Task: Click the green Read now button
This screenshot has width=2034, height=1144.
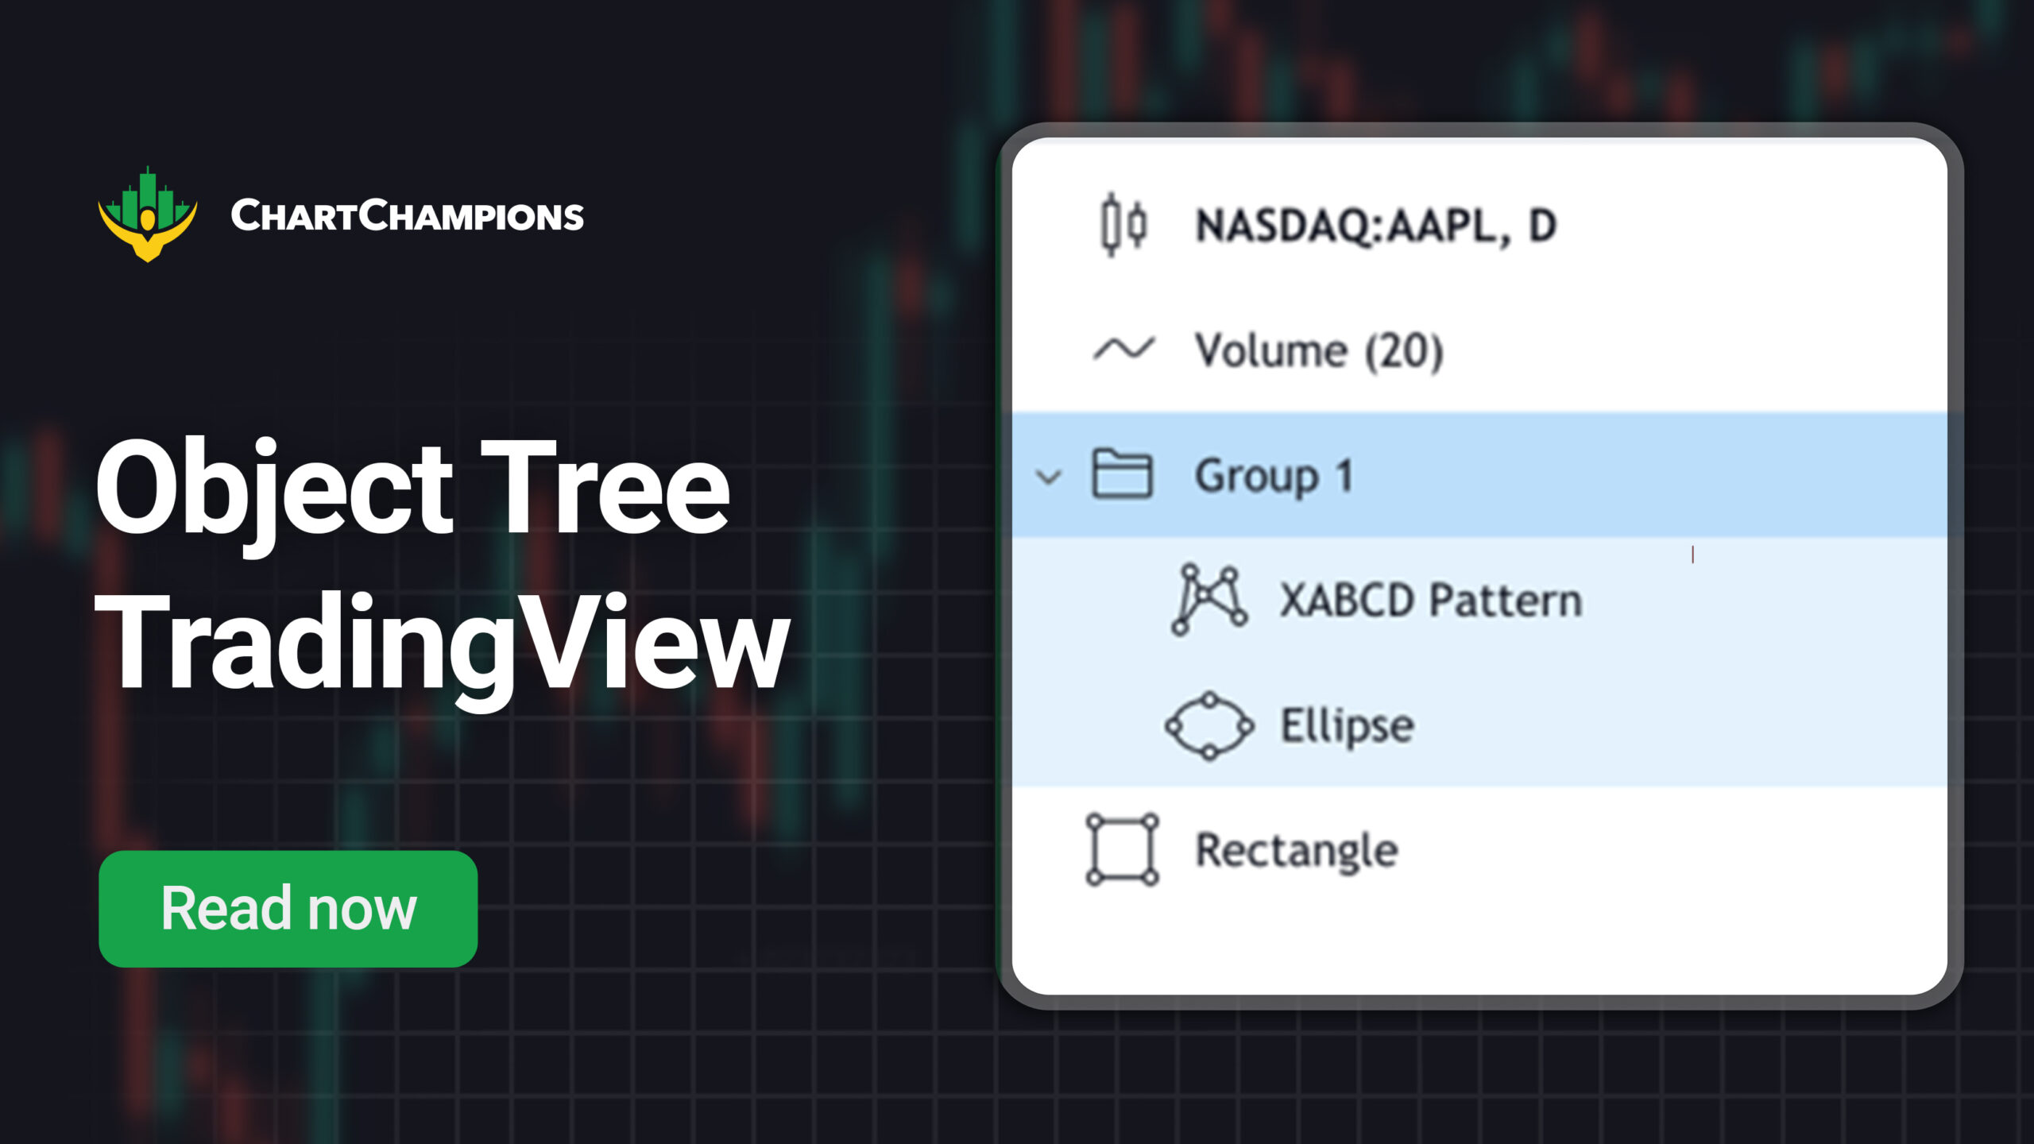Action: coord(288,908)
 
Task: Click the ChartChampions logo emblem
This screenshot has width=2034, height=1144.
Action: coord(148,214)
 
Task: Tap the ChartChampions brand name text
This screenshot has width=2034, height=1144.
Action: coord(407,216)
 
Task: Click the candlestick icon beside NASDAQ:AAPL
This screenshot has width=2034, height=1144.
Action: coord(1123,225)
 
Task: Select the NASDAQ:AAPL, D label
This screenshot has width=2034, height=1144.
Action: coord(1375,226)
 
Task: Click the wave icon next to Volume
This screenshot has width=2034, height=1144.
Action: coord(1123,349)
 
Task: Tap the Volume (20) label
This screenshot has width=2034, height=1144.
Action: coord(1319,350)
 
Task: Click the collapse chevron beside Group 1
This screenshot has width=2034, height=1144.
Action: coord(1049,477)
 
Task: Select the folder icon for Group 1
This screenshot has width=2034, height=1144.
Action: coord(1122,474)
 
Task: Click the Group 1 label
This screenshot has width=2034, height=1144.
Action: coord(1274,476)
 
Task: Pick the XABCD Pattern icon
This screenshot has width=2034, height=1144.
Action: coord(1208,600)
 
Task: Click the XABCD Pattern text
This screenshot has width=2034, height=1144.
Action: coord(1430,600)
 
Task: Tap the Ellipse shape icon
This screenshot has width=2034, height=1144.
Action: coord(1208,725)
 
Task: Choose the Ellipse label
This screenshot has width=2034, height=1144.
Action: coord(1347,725)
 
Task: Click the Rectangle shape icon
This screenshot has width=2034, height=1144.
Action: coord(1122,849)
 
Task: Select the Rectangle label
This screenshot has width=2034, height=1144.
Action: coord(1297,850)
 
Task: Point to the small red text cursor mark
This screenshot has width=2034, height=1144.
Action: coord(1692,555)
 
